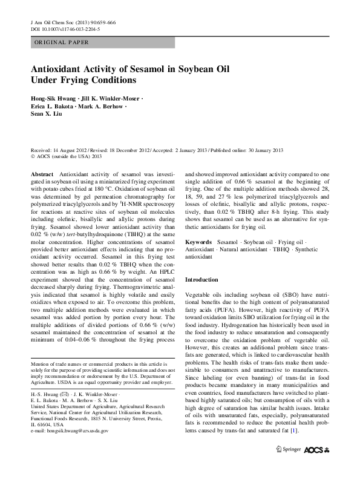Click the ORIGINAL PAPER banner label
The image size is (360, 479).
tap(61, 42)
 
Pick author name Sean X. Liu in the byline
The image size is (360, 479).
tap(47, 113)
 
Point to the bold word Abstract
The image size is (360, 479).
tap(42, 173)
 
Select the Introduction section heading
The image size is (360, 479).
tap(201, 280)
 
